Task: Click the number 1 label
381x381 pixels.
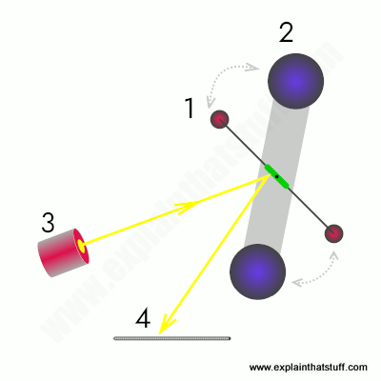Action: [x=190, y=108]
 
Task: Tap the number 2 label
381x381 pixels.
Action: [x=286, y=31]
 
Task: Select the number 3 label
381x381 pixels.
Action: [x=48, y=222]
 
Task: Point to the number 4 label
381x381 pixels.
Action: [x=143, y=318]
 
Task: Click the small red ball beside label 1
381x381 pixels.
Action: [x=220, y=119]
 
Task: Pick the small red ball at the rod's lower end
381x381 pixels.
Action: [x=333, y=233]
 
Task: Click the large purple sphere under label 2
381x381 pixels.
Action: [x=295, y=81]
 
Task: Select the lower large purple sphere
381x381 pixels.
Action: [x=257, y=271]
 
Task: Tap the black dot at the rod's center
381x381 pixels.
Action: [x=277, y=176]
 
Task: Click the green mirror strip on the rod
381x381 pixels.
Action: [x=277, y=176]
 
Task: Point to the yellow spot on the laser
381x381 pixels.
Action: [x=82, y=246]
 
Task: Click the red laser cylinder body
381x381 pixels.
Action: [x=63, y=252]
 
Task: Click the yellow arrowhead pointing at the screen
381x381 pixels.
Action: [x=165, y=325]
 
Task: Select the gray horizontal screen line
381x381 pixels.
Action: [x=172, y=338]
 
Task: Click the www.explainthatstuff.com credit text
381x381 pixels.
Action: [x=308, y=368]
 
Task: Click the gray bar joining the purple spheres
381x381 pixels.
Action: [x=276, y=176]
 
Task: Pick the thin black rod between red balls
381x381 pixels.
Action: [x=276, y=176]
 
